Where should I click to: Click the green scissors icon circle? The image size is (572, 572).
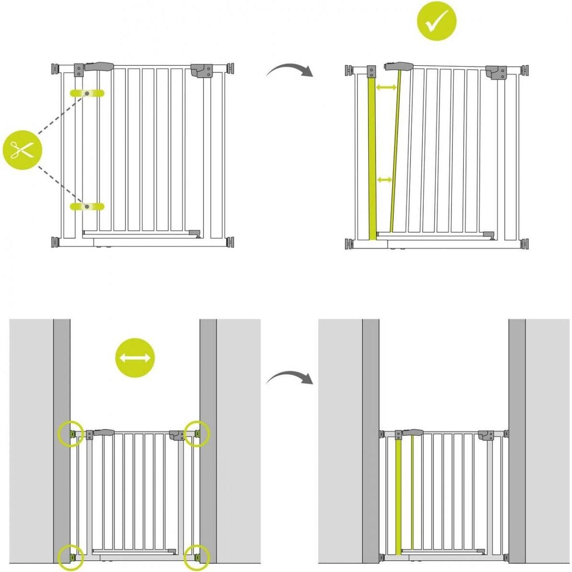(23, 150)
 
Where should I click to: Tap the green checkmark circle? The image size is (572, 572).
(437, 20)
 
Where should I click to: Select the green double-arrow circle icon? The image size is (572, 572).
(135, 358)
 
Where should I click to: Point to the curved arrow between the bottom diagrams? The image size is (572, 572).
(289, 378)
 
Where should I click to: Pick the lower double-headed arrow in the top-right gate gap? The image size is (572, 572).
(384, 180)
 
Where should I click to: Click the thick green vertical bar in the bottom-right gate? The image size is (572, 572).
(398, 496)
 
